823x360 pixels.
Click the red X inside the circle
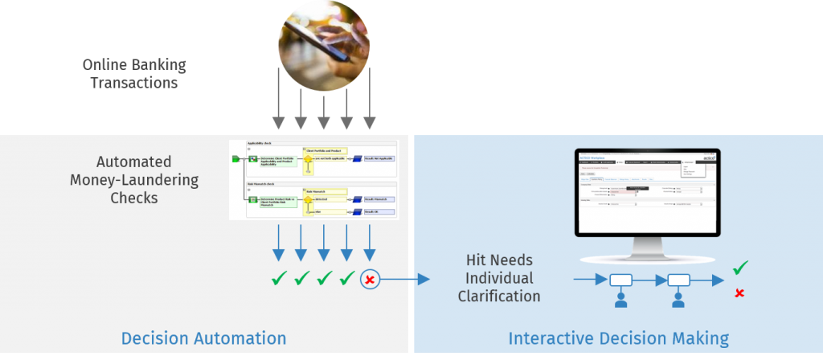[x=370, y=280]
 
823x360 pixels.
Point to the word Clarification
[x=499, y=296]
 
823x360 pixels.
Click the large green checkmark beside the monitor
[x=740, y=268]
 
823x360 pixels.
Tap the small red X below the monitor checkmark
[x=739, y=293]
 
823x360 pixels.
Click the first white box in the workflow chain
[x=620, y=280]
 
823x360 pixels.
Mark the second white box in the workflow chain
[x=678, y=280]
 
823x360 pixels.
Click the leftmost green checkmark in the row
[x=279, y=279]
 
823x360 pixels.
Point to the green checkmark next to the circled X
[x=347, y=279]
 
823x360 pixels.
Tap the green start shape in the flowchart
[x=235, y=159]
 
